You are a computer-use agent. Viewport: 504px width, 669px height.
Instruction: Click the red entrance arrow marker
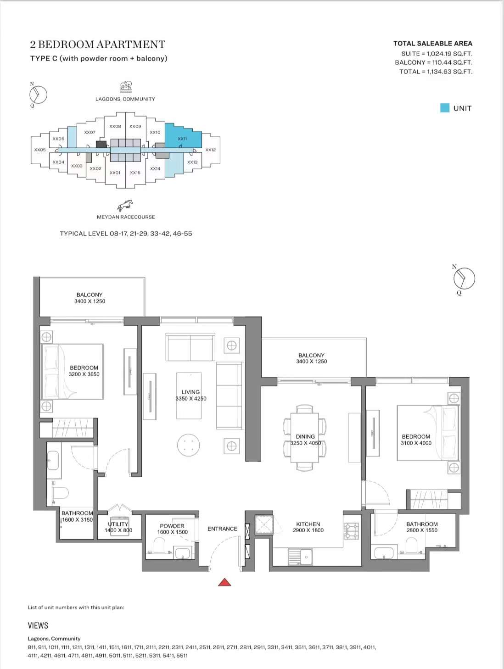224,582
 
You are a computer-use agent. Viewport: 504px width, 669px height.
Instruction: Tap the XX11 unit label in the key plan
182,139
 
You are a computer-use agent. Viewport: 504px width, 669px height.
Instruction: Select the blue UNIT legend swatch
444,108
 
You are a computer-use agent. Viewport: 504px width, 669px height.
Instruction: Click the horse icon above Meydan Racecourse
125,206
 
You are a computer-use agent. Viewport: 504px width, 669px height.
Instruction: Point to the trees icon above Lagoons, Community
126,87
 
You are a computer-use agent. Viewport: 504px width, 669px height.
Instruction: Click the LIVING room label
190,392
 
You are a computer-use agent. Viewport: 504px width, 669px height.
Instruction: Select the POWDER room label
172,526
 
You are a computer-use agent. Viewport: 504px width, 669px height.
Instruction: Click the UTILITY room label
118,524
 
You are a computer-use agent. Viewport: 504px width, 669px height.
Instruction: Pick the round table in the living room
189,445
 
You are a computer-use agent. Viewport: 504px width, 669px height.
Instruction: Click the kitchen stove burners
352,531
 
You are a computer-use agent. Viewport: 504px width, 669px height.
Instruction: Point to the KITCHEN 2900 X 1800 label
308,527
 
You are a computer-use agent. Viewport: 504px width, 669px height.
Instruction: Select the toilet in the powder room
159,546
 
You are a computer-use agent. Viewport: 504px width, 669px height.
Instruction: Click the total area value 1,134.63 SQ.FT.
449,72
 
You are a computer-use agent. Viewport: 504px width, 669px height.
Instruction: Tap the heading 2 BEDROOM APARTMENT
98,45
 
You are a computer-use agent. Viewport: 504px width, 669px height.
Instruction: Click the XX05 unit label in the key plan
40,150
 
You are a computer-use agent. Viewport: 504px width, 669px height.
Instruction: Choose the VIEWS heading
38,625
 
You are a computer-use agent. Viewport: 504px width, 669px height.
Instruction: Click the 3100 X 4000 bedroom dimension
416,443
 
